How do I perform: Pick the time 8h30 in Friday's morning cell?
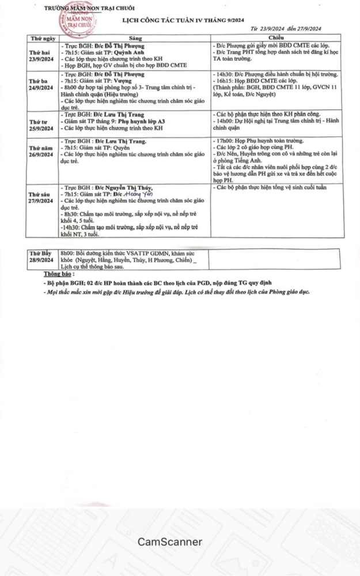72,213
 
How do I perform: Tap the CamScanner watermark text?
169,542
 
